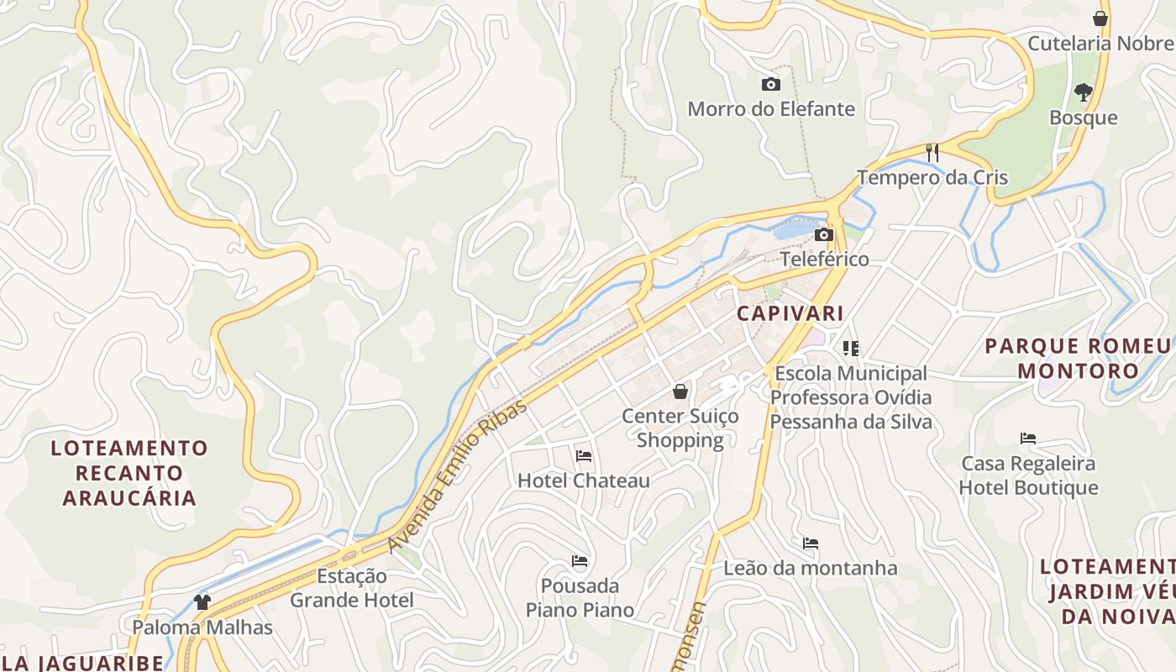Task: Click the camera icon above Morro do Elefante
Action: click(770, 84)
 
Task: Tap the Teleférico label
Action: click(824, 259)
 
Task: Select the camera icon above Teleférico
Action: click(824, 234)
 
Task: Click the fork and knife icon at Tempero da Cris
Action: click(932, 152)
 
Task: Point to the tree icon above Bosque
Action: click(1083, 92)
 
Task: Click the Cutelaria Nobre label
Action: click(1100, 43)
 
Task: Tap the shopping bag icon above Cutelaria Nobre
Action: click(1100, 18)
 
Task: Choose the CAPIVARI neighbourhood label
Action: click(790, 314)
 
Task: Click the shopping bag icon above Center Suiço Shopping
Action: click(680, 391)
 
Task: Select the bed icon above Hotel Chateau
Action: click(584, 456)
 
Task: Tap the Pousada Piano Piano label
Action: click(580, 597)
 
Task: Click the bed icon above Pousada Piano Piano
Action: click(580, 561)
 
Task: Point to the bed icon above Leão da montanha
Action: click(811, 543)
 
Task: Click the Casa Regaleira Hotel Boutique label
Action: click(1028, 475)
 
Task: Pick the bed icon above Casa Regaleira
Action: click(1028, 438)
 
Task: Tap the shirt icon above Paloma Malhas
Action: click(202, 601)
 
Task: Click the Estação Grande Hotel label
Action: click(352, 588)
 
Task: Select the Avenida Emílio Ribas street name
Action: click(459, 475)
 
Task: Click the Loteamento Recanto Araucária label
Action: click(129, 472)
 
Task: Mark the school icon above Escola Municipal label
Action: click(851, 349)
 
